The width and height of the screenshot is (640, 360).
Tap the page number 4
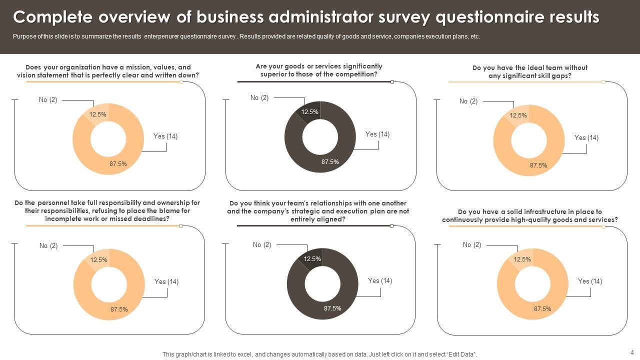click(x=632, y=352)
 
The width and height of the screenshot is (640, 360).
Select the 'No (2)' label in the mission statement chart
click(x=48, y=100)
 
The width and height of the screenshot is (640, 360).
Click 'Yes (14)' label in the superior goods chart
click(x=377, y=134)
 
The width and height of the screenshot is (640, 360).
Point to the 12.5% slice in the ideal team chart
click(x=518, y=115)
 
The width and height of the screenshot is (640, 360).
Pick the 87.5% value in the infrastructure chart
click(x=542, y=309)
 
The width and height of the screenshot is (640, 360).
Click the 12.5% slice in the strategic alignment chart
click(x=312, y=259)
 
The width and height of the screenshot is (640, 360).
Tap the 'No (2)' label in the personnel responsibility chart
click(x=48, y=245)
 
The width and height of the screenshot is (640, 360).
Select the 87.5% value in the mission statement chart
click(x=118, y=163)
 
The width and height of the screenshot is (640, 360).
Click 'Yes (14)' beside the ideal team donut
click(x=586, y=137)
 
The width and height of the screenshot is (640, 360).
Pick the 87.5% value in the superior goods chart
click(x=330, y=162)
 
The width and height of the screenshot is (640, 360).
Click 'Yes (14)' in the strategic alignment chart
click(x=380, y=280)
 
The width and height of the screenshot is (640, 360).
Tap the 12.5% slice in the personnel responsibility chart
click(x=99, y=260)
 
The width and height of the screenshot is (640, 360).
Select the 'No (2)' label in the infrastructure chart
click(x=472, y=244)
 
